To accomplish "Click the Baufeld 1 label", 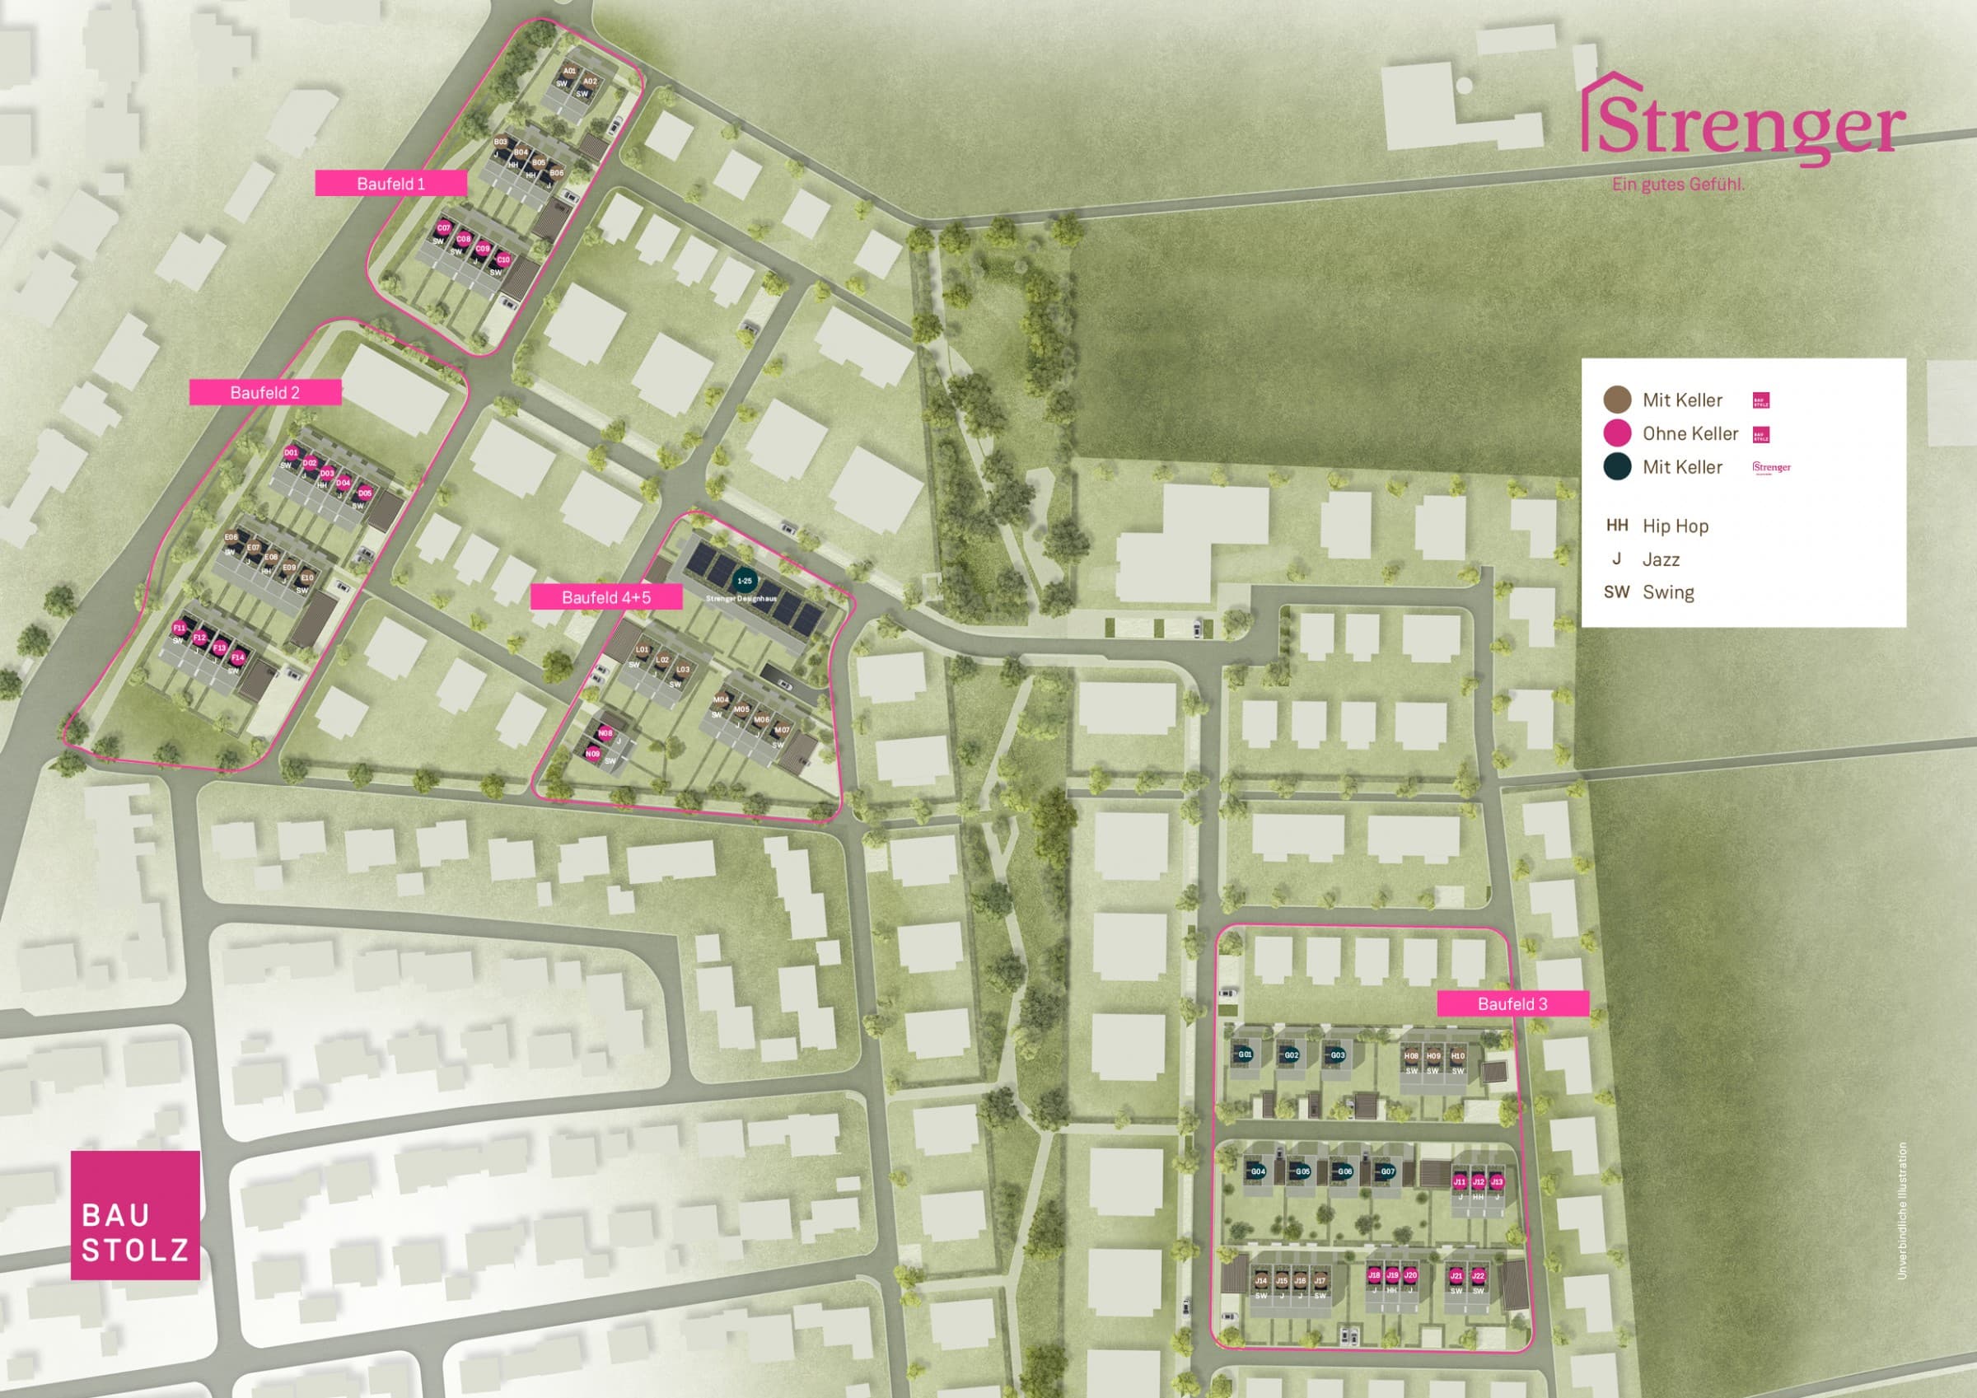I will tap(391, 184).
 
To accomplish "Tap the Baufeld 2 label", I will tap(265, 393).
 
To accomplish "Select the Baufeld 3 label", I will tap(1512, 1003).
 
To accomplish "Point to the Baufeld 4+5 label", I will tap(606, 597).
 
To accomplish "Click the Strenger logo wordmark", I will tap(1745, 126).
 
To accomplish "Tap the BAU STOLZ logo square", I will tap(135, 1214).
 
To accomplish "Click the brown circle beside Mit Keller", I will tap(1617, 400).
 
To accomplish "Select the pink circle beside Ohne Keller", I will tap(1617, 433).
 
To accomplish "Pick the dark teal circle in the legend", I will tap(1617, 467).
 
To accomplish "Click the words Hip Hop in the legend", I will tap(1675, 526).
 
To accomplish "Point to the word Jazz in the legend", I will tap(1661, 560).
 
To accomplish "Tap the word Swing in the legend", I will tap(1668, 592).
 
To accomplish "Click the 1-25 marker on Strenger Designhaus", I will tap(744, 581).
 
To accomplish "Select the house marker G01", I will tap(1245, 1054).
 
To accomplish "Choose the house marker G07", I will tap(1387, 1171).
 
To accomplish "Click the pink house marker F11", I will tap(179, 628).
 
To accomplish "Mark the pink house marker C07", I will tap(443, 228).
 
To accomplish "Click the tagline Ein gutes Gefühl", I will tap(1678, 185).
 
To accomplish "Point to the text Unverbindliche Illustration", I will tap(1902, 1210).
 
